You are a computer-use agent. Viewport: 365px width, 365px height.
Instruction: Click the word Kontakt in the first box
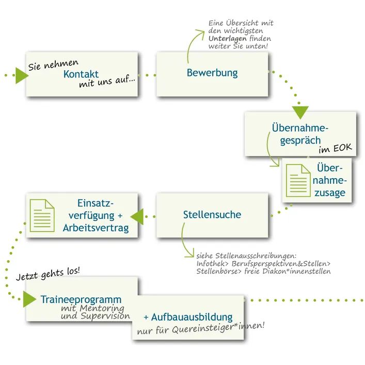tap(81, 74)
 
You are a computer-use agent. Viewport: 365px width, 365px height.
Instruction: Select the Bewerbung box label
tap(212, 73)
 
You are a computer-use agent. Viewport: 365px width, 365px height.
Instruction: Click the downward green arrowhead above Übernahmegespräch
tap(300, 112)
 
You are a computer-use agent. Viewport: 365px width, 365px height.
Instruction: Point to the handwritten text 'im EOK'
tap(336, 149)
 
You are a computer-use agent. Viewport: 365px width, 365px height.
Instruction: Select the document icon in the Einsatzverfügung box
tap(42, 215)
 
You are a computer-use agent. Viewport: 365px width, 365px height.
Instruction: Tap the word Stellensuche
tap(212, 214)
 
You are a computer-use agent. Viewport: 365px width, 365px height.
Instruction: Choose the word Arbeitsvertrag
tap(96, 228)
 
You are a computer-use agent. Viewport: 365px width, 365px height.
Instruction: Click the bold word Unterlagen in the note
tap(227, 39)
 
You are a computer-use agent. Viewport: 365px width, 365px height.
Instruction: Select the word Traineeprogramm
tap(81, 299)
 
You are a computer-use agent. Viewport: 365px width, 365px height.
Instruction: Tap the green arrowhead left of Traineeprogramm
tap(29, 299)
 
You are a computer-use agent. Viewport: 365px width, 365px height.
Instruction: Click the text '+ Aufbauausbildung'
tap(188, 317)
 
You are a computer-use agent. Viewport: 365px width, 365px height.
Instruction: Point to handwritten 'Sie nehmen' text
tap(53, 64)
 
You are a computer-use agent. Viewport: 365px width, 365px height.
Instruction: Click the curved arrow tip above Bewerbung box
tap(202, 30)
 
